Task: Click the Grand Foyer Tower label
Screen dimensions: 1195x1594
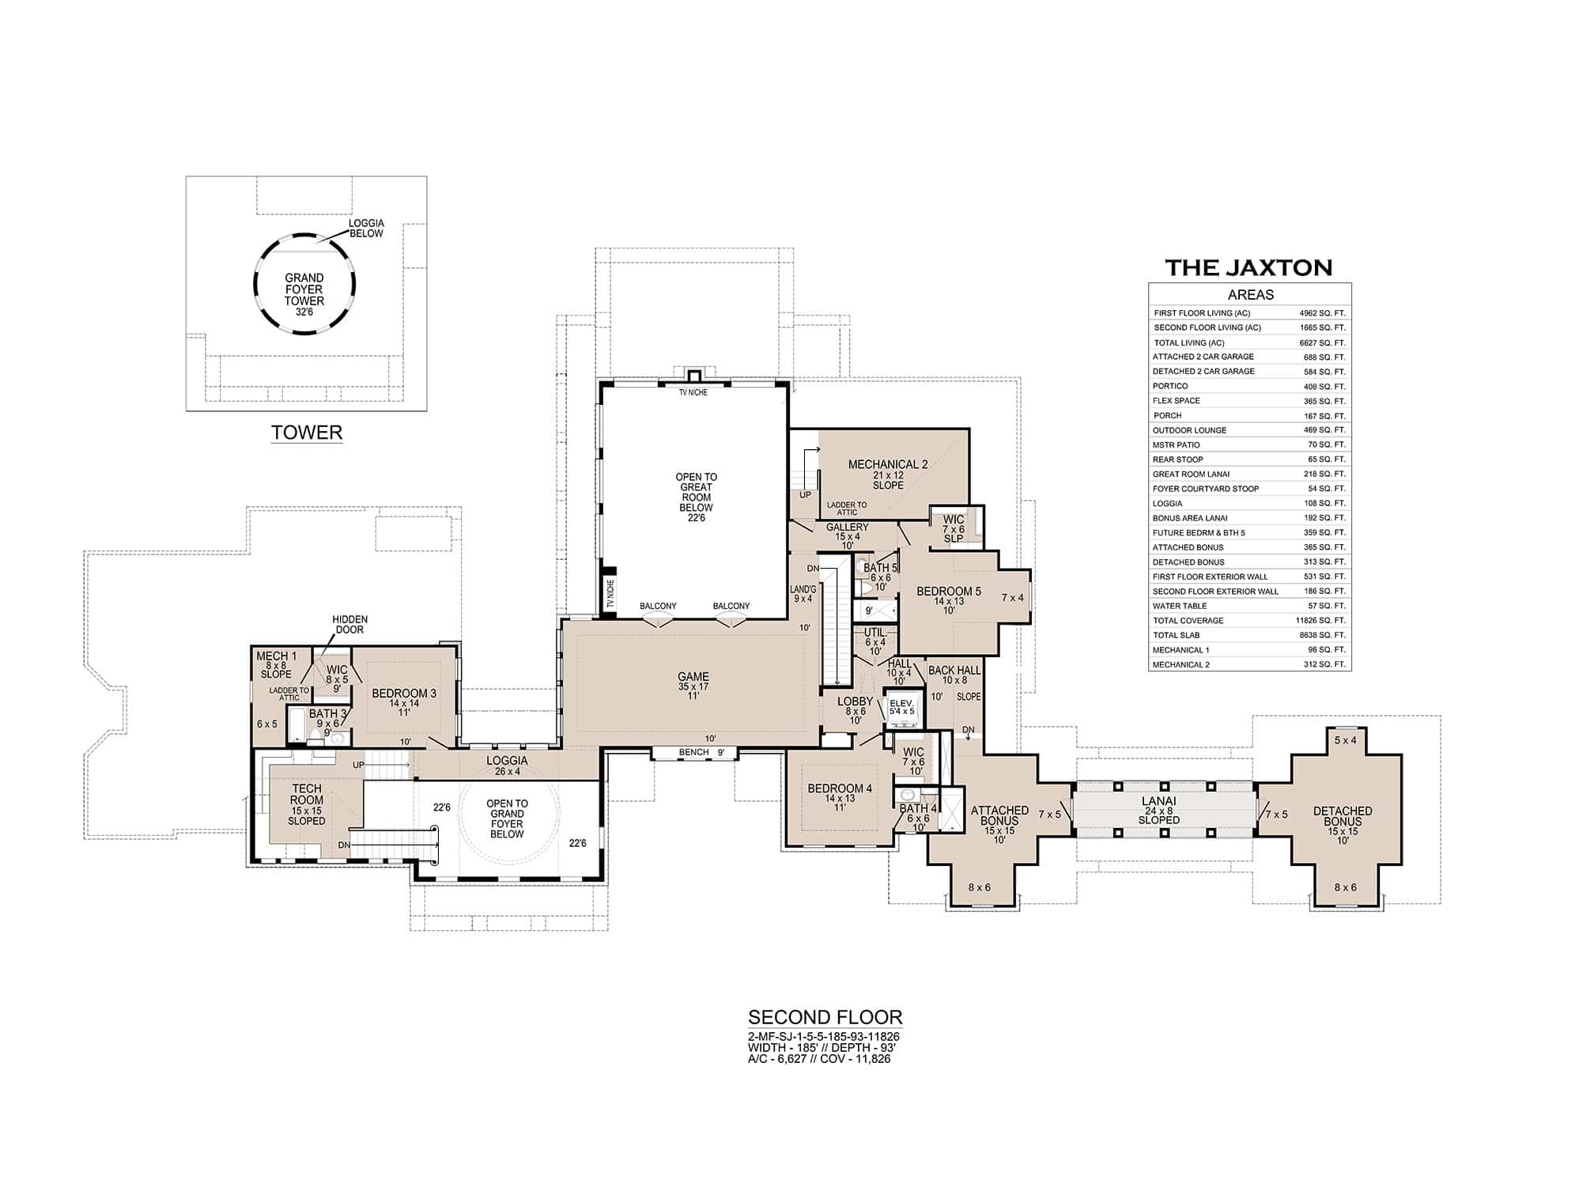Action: pos(304,289)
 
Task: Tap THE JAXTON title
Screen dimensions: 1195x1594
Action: pos(1249,267)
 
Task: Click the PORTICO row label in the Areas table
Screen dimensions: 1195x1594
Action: pos(1170,387)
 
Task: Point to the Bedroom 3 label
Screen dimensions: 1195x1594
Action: pos(404,694)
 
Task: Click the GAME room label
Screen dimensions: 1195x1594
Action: pos(693,677)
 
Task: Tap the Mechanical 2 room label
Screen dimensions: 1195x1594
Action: pos(888,465)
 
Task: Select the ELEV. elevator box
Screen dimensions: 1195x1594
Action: pos(901,705)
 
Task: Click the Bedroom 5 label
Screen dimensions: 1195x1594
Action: pos(949,592)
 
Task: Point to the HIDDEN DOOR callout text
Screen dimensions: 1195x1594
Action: pos(349,625)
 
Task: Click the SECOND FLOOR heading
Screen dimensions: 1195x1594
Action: pos(825,1017)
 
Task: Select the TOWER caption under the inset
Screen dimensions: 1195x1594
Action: pos(307,433)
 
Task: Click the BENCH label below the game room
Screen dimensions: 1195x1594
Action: pos(693,752)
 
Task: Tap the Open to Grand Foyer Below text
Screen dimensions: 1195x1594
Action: pos(507,819)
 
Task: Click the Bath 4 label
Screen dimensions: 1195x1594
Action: pos(917,809)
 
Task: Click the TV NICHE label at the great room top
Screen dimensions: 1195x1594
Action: pos(693,392)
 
